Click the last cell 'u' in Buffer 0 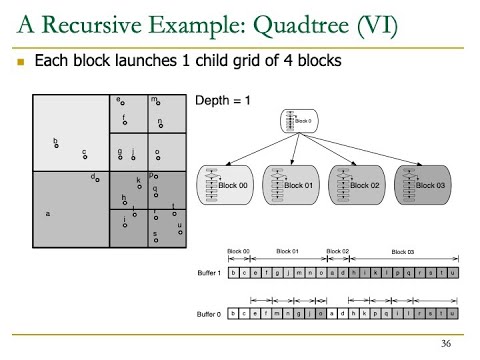point(454,314)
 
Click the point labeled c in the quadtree point(85,154)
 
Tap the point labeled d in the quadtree point(96,178)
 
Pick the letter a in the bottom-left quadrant point(48,213)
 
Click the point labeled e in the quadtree point(121,103)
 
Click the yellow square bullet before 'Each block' point(21,62)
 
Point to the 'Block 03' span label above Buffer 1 point(403,251)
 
